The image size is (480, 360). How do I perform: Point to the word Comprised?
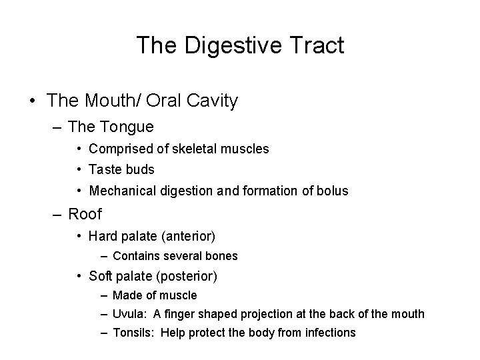(119, 149)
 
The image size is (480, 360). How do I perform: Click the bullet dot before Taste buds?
(79, 170)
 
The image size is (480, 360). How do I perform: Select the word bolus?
(333, 191)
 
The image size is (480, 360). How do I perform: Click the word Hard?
(103, 236)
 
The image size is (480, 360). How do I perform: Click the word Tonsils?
(133, 333)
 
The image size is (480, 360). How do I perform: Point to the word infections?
(331, 333)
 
